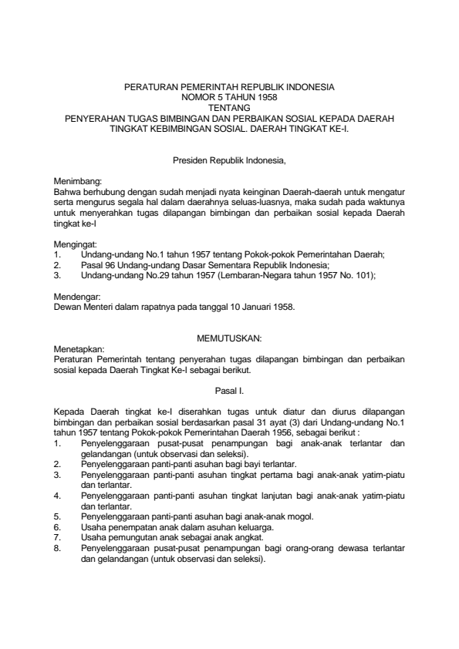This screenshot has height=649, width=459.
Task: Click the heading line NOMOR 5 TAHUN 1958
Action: tap(229, 99)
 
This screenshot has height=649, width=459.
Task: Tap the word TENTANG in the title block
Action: tap(229, 109)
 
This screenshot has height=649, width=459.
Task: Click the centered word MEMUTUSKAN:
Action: tap(229, 339)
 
